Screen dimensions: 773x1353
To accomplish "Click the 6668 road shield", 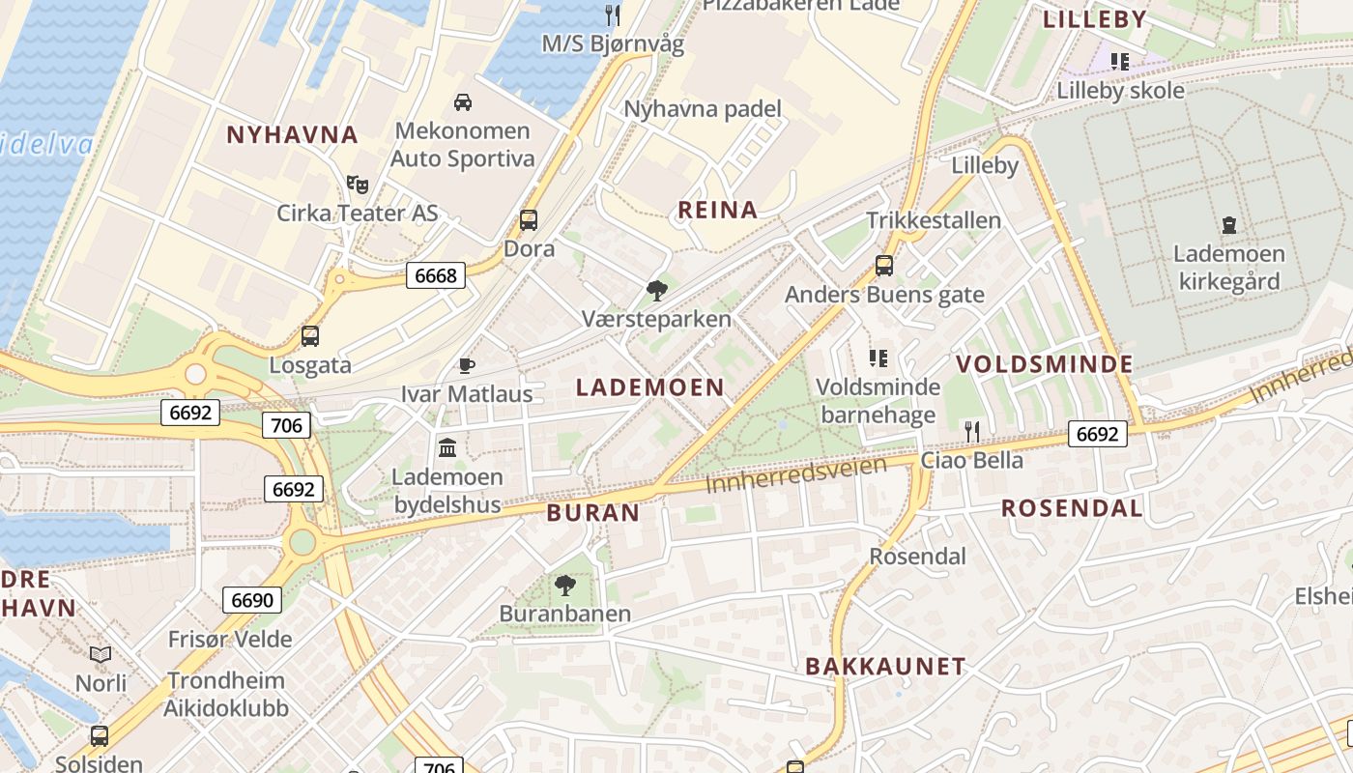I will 435,275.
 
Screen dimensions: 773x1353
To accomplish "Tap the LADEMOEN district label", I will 649,387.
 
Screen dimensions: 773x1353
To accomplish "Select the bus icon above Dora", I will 529,220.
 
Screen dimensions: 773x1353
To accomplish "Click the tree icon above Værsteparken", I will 657,290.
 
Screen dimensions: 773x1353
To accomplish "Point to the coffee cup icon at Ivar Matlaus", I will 467,365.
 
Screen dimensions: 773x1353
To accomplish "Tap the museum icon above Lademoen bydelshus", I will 447,447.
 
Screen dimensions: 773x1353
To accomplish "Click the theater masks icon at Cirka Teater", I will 358,184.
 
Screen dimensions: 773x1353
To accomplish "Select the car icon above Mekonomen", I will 463,101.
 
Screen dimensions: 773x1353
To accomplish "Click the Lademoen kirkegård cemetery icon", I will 1228,225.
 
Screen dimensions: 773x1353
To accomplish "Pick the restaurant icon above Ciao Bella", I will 972,431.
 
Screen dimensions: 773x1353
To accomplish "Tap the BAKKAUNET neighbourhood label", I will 885,666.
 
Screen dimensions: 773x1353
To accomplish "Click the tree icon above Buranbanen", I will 564,585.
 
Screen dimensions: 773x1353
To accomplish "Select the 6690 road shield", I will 252,600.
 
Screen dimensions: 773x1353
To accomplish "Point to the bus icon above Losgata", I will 309,336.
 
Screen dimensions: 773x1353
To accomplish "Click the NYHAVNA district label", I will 292,134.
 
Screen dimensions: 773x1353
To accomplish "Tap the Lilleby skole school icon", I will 1120,62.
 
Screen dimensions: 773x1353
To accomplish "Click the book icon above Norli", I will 101,654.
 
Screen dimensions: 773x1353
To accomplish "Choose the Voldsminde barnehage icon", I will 878,358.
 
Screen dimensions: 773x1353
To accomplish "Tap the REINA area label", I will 718,210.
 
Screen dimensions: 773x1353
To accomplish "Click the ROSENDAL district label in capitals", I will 1071,508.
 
